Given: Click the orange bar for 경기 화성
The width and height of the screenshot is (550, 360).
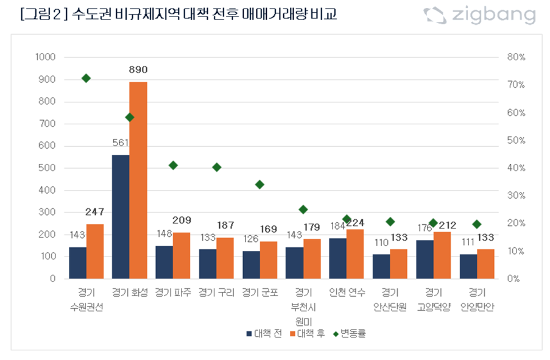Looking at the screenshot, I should coord(138,180).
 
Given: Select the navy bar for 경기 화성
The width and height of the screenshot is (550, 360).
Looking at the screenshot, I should coord(121,217).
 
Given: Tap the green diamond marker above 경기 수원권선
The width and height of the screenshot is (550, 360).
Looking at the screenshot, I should coord(86,78).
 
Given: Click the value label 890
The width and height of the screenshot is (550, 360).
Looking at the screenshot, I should coord(138,69).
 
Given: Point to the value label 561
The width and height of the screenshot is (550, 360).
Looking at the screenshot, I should coord(121,143).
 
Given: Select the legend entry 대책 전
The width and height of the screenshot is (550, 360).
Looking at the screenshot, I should coord(264,333).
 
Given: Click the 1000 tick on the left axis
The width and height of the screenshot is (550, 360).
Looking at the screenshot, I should coord(46,57).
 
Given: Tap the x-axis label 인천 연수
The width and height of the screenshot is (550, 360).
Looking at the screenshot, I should coord(347,292).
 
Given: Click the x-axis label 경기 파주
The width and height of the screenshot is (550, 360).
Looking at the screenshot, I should coord(173,292).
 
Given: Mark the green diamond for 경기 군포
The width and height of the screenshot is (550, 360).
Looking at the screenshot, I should coord(259,184).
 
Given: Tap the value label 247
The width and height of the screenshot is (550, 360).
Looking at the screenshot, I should coord(95,212).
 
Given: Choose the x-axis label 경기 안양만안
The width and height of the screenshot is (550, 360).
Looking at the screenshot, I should coord(477,300).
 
